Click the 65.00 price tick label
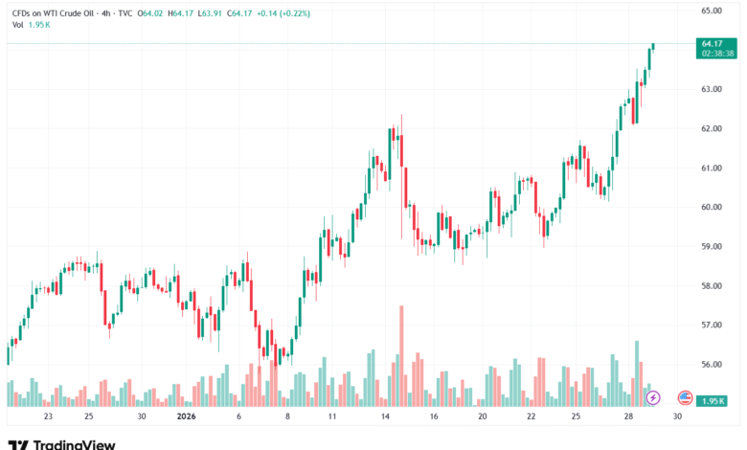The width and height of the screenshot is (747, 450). [712, 11]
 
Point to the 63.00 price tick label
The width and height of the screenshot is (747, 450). [712, 89]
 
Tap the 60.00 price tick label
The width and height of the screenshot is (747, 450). [712, 207]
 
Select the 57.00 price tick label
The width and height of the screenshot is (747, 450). [712, 326]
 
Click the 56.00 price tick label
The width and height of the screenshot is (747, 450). [712, 365]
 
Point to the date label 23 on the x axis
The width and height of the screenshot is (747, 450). [48, 416]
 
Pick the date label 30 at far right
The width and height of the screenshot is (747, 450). [678, 416]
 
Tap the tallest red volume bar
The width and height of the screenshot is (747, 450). [401, 354]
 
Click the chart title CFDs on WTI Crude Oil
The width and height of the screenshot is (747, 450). [59, 13]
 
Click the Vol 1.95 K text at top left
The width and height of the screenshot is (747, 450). [33, 25]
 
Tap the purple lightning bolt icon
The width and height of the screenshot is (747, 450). [653, 396]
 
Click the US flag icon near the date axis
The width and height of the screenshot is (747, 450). [685, 396]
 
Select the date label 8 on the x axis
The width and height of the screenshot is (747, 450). [287, 416]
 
